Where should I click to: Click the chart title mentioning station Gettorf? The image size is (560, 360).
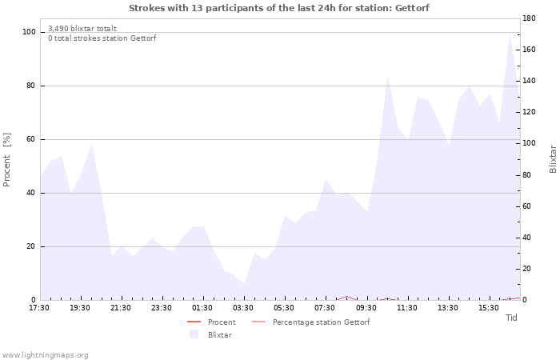279,8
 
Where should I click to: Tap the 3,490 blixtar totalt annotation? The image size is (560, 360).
82,29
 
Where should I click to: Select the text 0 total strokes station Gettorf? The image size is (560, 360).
102,38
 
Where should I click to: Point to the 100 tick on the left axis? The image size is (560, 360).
29,32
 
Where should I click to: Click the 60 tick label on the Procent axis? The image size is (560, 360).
30,139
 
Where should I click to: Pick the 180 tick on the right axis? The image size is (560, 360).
529,18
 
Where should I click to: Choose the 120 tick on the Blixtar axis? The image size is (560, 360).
529,112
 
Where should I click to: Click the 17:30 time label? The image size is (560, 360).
39,308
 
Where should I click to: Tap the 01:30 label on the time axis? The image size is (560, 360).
202,308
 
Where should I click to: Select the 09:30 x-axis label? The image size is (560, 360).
366,308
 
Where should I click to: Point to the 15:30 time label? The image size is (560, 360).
489,308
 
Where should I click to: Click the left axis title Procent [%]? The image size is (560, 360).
6,160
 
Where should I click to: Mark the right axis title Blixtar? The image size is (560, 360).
553,159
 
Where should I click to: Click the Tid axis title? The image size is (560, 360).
511,318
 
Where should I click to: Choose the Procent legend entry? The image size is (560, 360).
211,322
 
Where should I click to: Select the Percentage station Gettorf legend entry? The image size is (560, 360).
310,322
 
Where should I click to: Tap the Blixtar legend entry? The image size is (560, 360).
210,335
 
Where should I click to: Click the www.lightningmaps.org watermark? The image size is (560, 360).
45,355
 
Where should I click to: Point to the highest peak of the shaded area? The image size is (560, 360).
510,34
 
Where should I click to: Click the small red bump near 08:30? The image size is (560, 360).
346,297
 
